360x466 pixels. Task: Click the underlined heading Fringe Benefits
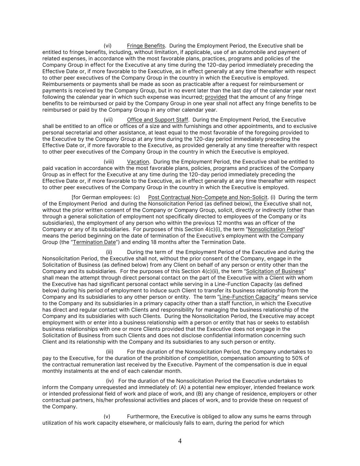146,46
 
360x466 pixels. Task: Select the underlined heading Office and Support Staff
157,120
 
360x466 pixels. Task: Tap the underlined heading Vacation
138,162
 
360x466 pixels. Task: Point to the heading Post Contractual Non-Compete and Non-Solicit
208,197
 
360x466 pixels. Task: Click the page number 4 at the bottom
180,441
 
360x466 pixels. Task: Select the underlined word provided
216,97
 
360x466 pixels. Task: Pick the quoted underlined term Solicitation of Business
275,271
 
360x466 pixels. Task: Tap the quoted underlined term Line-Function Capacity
248,297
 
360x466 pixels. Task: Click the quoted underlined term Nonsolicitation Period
275,229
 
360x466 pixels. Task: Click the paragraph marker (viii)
109,162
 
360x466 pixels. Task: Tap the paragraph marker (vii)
108,120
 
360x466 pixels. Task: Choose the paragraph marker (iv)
110,381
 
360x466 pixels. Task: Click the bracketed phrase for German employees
102,197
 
